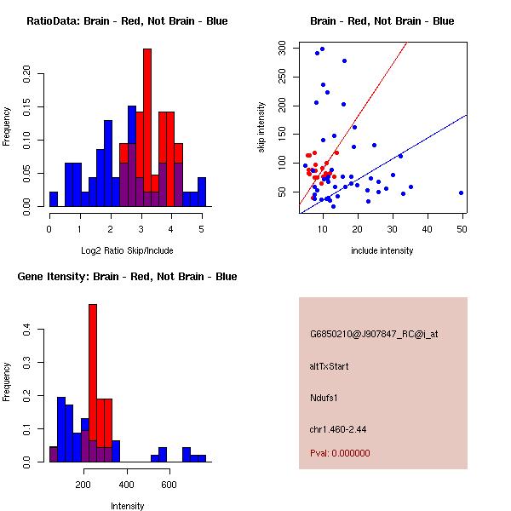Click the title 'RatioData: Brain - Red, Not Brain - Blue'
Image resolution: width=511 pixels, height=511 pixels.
(x=127, y=21)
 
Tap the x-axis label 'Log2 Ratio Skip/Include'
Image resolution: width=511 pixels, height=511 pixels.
(x=126, y=250)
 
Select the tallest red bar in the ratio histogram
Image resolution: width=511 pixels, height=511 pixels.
(x=147, y=128)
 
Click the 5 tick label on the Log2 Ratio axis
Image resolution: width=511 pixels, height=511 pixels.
(x=202, y=228)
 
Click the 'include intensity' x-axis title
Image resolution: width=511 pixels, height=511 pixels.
(x=382, y=250)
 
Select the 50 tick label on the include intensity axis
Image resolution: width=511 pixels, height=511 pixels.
(x=462, y=228)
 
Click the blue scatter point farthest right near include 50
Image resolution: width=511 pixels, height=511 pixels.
(x=461, y=192)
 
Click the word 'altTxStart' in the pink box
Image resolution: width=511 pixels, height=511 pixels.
(x=330, y=366)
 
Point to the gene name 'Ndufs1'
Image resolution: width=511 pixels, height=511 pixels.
(x=324, y=398)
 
